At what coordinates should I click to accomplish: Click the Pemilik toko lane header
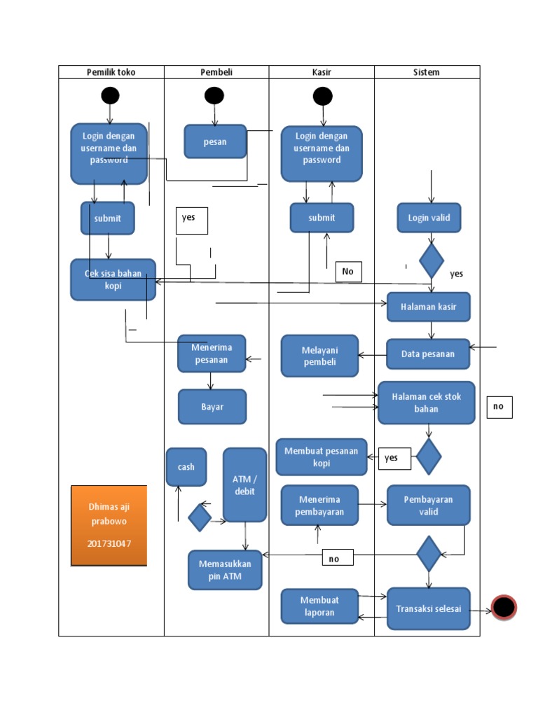111,72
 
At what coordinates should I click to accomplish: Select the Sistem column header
427,72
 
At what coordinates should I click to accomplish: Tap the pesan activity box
215,141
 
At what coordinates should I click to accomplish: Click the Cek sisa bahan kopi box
113,279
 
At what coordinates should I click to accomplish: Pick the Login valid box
429,218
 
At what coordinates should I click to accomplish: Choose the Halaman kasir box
428,307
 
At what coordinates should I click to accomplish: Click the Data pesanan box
428,354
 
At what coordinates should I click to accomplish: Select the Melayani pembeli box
319,356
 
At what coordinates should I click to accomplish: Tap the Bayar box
212,407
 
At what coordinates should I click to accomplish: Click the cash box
186,467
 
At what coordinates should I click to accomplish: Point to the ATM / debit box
244,485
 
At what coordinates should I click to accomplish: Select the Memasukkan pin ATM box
225,570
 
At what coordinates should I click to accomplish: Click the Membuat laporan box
319,606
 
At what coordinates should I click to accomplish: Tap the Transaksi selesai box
428,608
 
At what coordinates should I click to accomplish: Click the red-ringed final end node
504,608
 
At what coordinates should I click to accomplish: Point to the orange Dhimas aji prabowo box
109,524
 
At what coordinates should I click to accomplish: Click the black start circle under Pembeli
214,96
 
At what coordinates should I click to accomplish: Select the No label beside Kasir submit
348,272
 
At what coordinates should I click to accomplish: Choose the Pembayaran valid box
428,506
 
